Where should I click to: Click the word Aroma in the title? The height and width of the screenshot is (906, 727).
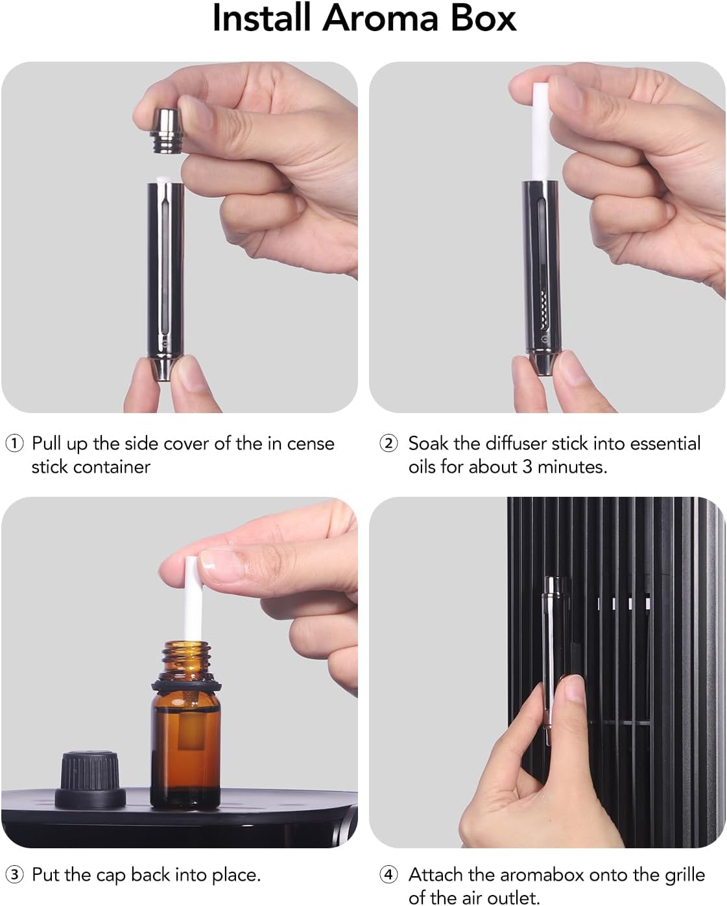coord(381,19)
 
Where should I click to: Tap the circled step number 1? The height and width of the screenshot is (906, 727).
coord(14,444)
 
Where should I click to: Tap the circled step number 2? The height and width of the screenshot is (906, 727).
coord(388,444)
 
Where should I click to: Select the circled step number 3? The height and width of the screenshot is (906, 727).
coord(14,875)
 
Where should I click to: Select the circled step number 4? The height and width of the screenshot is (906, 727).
coord(388,875)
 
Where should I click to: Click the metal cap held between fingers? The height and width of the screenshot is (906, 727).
coord(165,130)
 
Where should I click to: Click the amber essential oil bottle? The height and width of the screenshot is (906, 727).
coord(186,724)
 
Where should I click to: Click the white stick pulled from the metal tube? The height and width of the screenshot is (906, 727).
coord(541,131)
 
